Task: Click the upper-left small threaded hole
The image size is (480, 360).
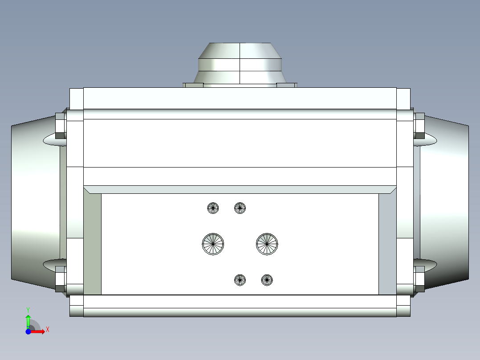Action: (x=213, y=208)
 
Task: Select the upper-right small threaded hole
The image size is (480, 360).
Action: (x=240, y=208)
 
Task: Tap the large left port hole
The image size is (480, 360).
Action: (x=213, y=244)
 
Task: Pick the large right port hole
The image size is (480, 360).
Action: (x=267, y=244)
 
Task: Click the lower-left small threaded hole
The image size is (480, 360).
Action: (x=240, y=280)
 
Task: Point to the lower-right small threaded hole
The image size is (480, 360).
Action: (x=267, y=280)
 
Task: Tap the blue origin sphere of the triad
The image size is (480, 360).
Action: (x=28, y=331)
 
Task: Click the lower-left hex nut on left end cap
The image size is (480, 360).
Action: (x=60, y=278)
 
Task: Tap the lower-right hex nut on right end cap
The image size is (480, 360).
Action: (x=419, y=278)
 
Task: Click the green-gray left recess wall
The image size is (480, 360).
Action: (x=92, y=243)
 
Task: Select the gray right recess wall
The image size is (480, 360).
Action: (x=387, y=243)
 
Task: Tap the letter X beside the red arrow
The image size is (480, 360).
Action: (x=48, y=330)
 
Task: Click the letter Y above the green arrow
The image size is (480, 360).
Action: (x=28, y=309)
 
